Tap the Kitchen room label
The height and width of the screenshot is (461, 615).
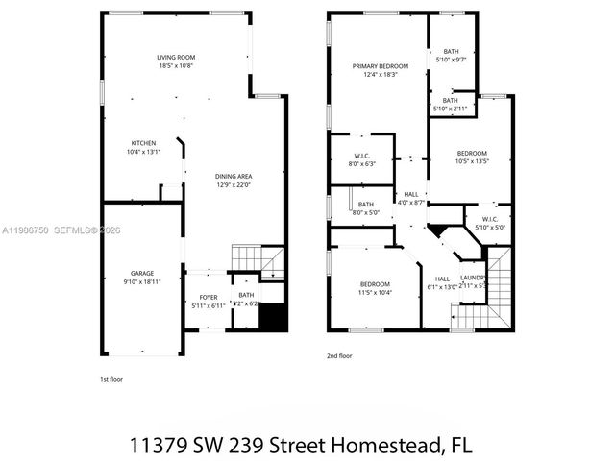click(142, 143)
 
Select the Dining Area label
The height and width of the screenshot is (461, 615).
click(234, 176)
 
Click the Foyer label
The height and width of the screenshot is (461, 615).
click(209, 297)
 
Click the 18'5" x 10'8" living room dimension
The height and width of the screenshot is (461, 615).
click(176, 67)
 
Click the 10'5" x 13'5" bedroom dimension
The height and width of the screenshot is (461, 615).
click(472, 161)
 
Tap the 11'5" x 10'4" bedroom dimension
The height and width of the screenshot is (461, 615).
click(375, 292)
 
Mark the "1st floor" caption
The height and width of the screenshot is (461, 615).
click(111, 378)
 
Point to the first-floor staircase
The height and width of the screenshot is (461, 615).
click(258, 259)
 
